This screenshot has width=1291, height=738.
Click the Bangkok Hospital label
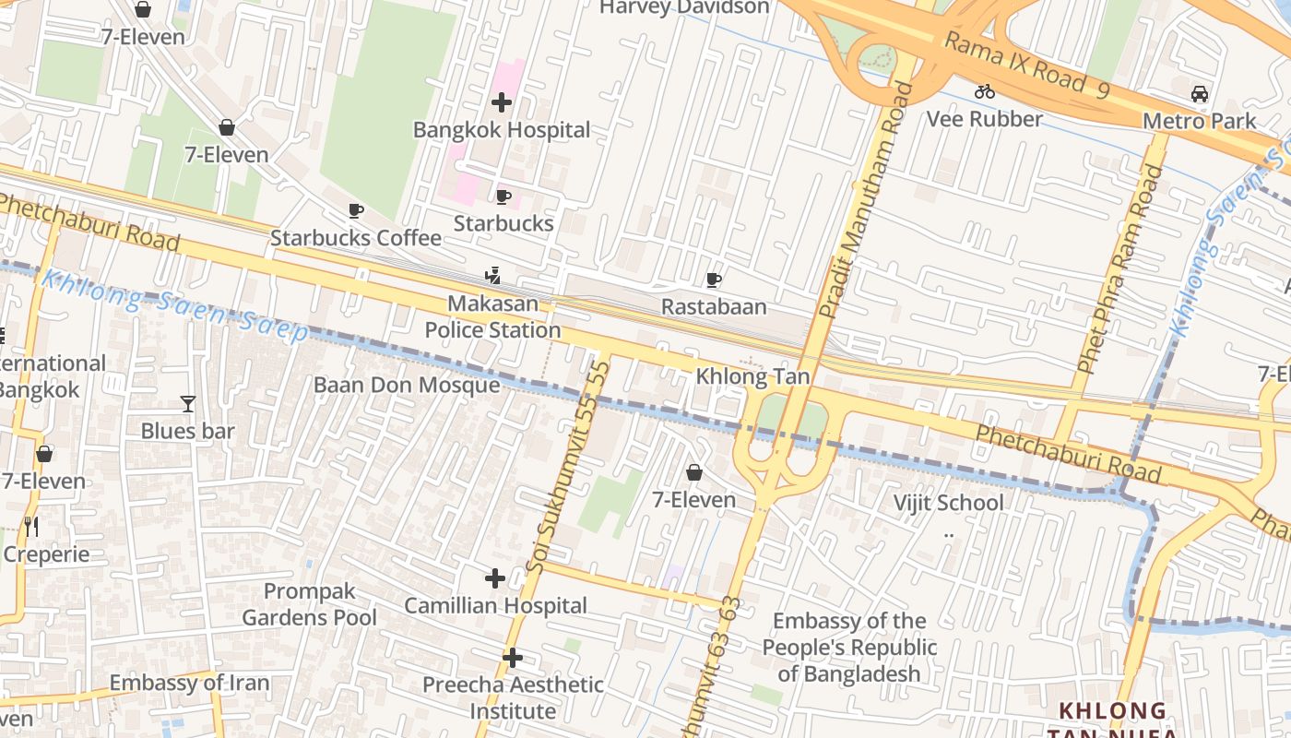click(x=502, y=130)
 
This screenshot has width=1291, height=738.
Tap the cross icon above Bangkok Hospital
click(x=502, y=101)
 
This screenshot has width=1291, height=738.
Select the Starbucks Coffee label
click(x=356, y=238)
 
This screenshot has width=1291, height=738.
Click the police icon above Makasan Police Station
click(x=493, y=275)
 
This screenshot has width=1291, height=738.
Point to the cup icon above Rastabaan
click(x=713, y=280)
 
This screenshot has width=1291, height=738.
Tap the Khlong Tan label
click(x=752, y=376)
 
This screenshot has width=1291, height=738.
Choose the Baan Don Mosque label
click(x=407, y=385)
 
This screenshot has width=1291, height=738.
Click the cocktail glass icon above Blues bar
click(x=188, y=403)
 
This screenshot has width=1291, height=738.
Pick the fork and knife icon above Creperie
click(x=31, y=527)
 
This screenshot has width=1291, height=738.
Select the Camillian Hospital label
click(x=496, y=606)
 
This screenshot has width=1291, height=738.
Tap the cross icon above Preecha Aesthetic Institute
click(x=513, y=658)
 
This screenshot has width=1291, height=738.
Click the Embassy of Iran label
click(x=189, y=684)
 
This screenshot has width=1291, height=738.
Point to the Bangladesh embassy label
click(x=849, y=648)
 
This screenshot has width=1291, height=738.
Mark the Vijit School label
click(x=949, y=503)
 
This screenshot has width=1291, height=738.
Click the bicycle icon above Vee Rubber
click(x=985, y=91)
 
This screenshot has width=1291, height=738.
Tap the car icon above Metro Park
click(x=1199, y=93)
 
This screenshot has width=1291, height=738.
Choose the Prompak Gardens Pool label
click(x=310, y=604)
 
